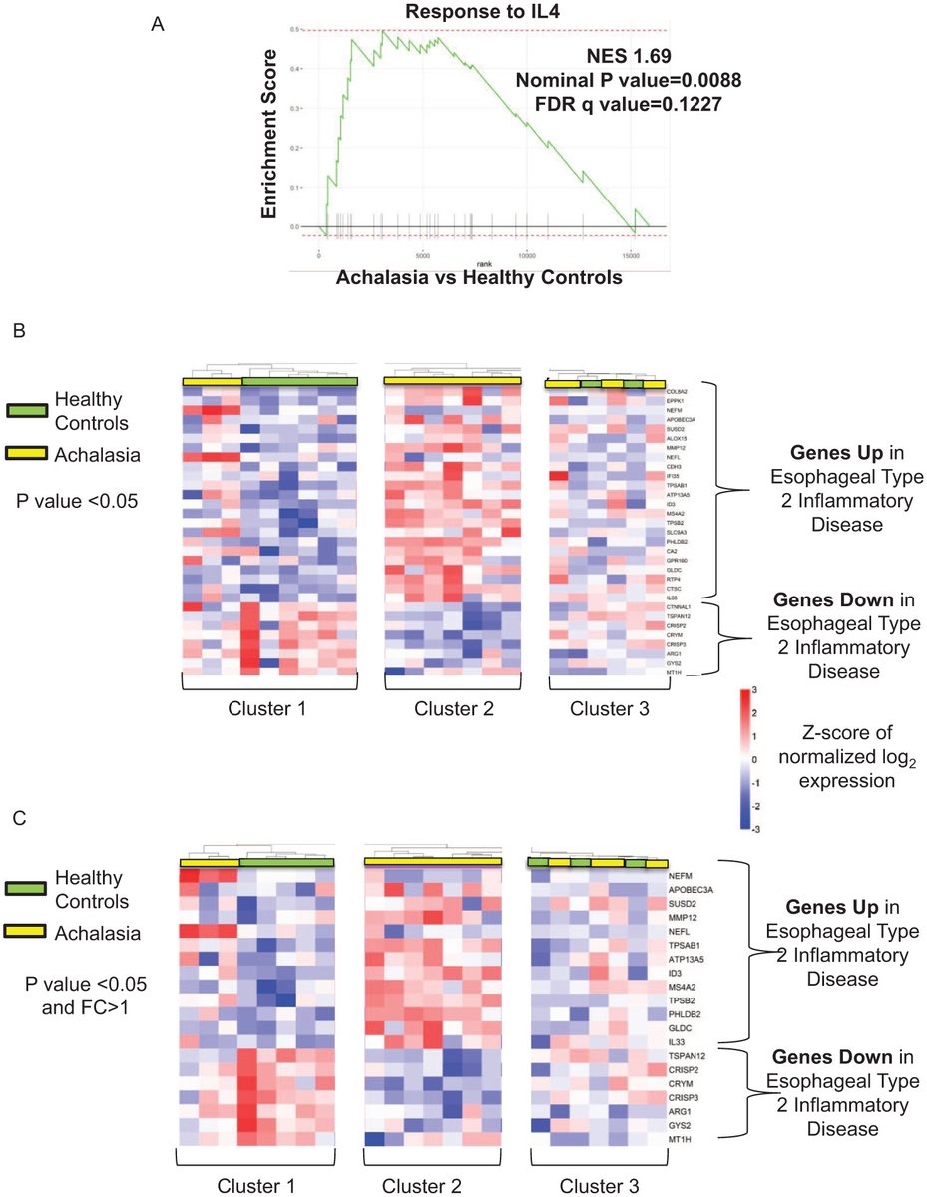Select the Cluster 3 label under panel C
pos(596,1187)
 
